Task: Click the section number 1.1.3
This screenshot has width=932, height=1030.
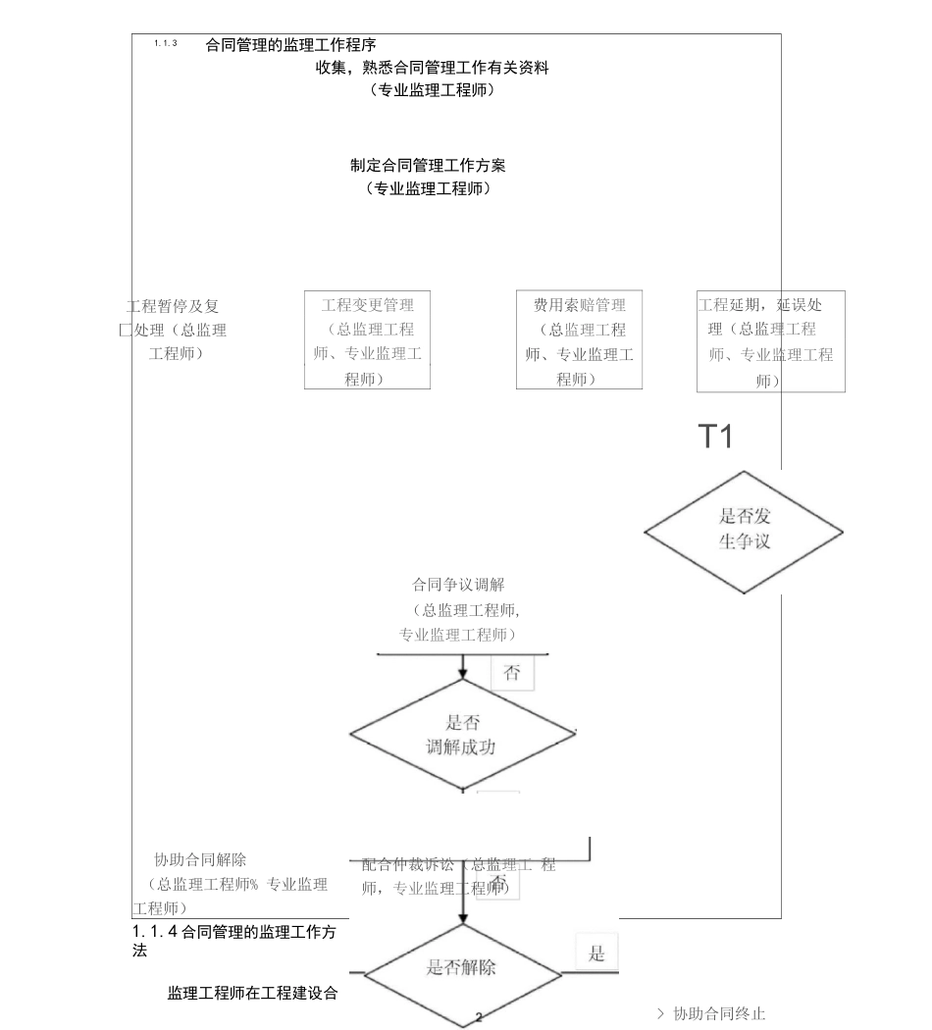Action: [166, 44]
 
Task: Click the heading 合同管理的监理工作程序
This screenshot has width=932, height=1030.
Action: [291, 45]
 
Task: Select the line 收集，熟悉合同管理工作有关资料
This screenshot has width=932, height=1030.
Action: [432, 68]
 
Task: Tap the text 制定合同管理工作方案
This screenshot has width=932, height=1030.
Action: [428, 166]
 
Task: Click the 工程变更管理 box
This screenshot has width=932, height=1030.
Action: [367, 340]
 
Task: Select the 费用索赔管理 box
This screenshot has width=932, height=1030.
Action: [579, 340]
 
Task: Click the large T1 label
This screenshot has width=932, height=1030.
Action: [715, 437]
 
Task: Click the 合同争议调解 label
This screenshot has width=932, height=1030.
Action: [458, 585]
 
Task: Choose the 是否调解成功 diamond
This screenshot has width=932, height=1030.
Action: [462, 734]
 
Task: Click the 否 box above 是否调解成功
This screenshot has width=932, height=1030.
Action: [511, 673]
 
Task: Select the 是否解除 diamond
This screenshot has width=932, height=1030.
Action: [461, 968]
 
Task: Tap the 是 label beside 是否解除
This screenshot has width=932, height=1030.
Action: [596, 954]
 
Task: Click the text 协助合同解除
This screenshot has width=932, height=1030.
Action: [200, 860]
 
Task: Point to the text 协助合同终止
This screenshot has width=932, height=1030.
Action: [718, 1013]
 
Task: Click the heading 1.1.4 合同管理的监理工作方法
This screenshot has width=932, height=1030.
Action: [234, 940]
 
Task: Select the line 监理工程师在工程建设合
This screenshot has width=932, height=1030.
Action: [253, 994]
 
